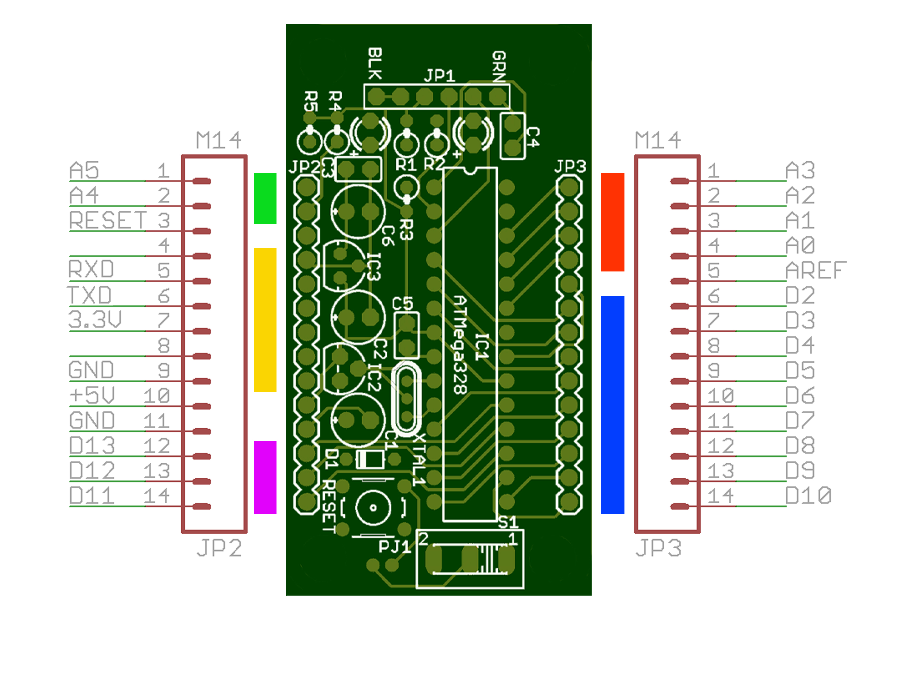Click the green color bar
point(265,198)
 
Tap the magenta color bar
point(265,477)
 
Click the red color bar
point(612,222)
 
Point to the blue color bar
point(612,405)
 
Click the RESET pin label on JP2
point(108,221)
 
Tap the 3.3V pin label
point(95,320)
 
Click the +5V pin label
point(92,395)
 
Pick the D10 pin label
point(808,496)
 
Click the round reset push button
point(373,507)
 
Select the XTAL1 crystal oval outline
point(406,399)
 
